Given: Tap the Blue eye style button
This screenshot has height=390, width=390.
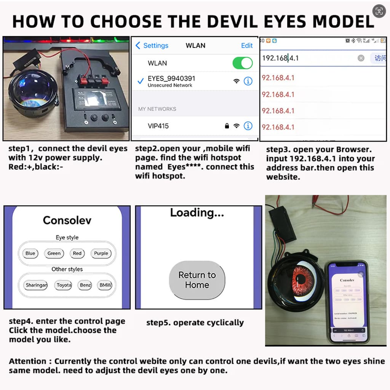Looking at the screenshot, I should click(30, 253).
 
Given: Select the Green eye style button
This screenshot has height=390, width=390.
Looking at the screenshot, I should click(54, 253).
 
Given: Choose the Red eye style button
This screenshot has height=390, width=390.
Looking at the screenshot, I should click(77, 253).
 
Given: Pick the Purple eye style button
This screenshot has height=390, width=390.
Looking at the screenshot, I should click(101, 253).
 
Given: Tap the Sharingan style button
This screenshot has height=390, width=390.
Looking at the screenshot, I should click(36, 285).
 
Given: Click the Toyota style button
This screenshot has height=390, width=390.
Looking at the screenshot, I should click(64, 285).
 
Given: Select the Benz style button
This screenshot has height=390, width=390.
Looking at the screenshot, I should click(85, 285).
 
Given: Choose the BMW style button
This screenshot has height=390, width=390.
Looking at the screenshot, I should click(105, 285).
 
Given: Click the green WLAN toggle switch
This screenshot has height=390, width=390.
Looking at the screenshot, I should click(243, 63).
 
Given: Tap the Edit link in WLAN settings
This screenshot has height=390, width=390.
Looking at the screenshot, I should click(247, 45).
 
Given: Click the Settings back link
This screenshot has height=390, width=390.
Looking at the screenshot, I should click(152, 45).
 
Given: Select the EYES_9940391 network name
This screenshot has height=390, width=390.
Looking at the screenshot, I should click(171, 78).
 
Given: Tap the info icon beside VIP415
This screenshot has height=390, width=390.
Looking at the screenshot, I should click(248, 126).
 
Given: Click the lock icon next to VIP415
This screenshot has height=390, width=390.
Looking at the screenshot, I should click(227, 126).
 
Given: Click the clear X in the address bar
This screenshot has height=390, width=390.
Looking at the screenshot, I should click(361, 58).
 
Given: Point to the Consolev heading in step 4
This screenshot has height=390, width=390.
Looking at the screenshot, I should click(67, 220).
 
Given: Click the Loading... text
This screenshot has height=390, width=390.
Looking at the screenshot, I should click(197, 213).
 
